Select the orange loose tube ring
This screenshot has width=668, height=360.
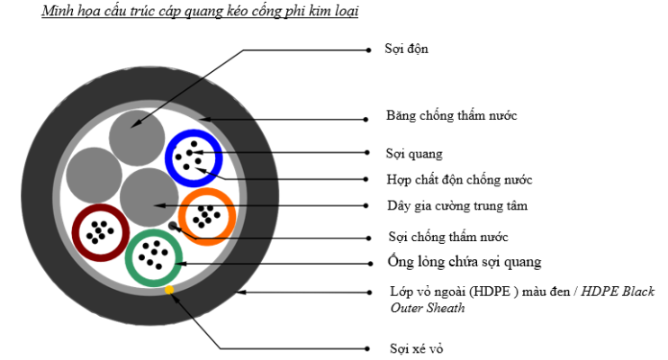click(x=183, y=216)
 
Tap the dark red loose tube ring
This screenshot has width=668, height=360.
click(x=77, y=233)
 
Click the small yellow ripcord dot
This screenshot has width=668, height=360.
click(x=169, y=290)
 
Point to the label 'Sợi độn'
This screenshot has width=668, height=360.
click(x=407, y=49)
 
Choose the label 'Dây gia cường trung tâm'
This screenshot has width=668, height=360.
click(x=456, y=206)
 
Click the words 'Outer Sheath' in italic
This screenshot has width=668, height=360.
click(x=429, y=308)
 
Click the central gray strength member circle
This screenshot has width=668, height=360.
click(x=149, y=196)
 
